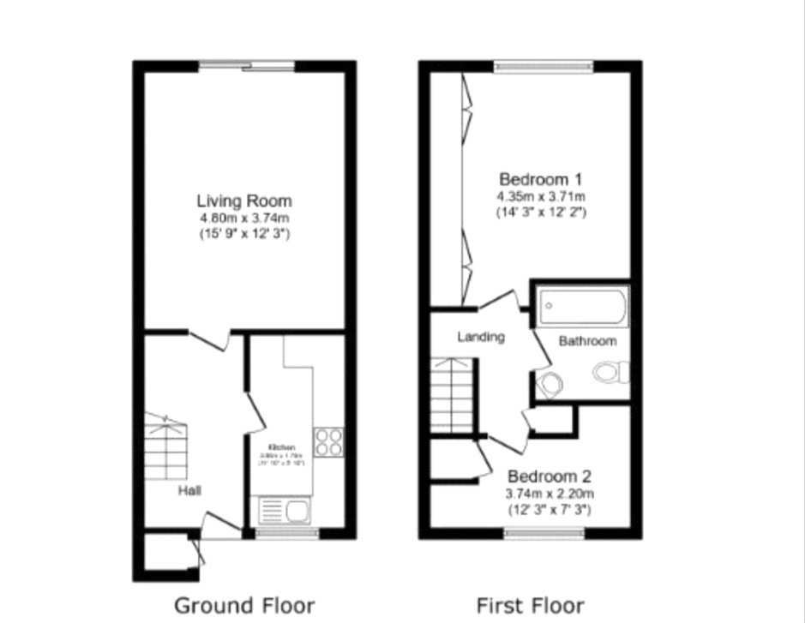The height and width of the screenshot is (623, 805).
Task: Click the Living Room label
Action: [x=244, y=201]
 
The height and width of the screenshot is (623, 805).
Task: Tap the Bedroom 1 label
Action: [x=541, y=180]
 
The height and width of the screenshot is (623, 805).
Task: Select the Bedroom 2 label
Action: [x=550, y=476]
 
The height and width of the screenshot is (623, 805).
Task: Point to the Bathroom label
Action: [x=587, y=341]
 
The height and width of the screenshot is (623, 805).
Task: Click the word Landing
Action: [x=480, y=337]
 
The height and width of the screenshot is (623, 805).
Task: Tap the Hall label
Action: [x=190, y=491]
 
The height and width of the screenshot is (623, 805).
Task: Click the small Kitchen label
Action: [x=282, y=448]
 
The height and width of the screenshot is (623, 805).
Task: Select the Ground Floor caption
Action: [x=244, y=605]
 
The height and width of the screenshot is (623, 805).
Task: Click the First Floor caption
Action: [x=531, y=605]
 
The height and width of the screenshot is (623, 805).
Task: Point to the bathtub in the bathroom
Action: [x=583, y=306]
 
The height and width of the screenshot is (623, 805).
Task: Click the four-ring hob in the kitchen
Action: [x=327, y=441]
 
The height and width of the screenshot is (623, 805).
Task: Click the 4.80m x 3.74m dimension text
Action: [x=244, y=219]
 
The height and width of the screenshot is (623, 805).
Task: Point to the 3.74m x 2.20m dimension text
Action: [x=550, y=494]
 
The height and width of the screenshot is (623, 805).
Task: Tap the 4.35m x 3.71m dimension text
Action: [x=541, y=196]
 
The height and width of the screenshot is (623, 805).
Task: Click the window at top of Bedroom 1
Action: [x=543, y=66]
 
